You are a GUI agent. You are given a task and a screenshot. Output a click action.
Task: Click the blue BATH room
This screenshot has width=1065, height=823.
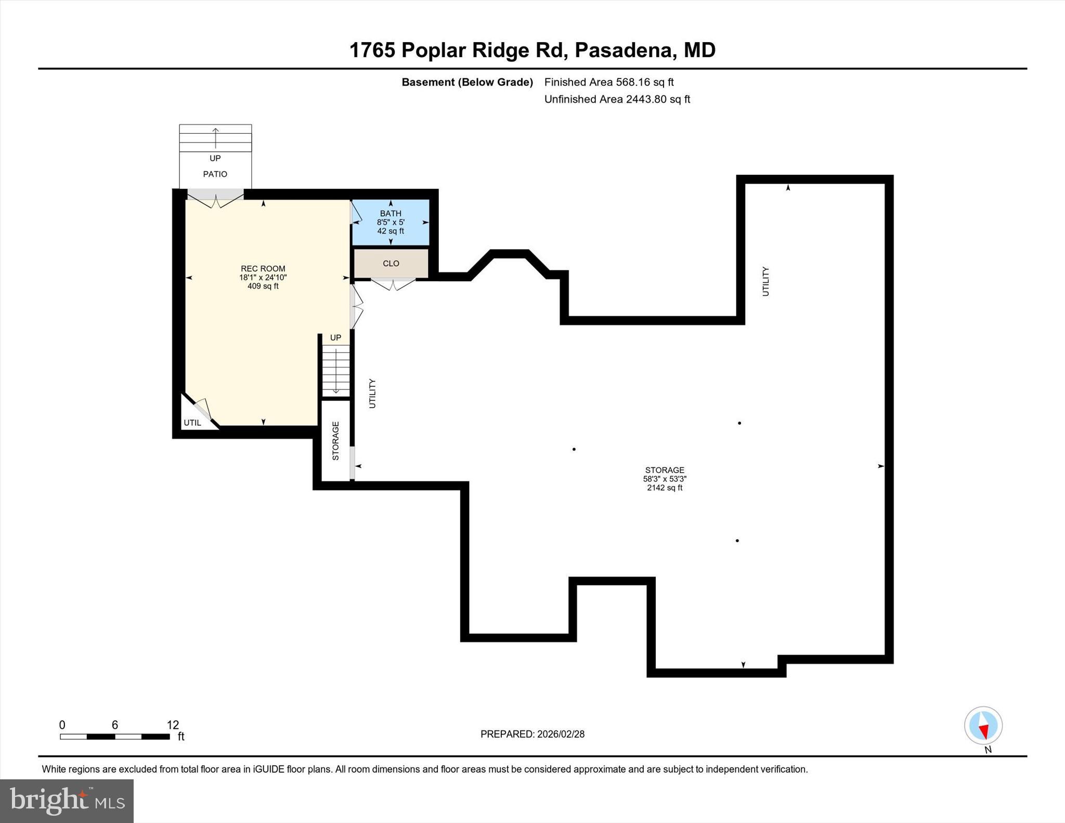(x=391, y=222)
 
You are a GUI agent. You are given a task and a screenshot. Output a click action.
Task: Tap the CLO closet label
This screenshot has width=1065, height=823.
(x=391, y=264)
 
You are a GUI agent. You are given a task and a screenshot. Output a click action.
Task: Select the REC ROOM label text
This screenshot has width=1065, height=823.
(x=263, y=269)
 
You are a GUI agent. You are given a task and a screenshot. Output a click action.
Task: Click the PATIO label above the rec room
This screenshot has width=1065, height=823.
(x=215, y=174)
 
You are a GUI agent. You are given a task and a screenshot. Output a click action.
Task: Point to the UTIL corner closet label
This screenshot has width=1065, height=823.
(x=192, y=423)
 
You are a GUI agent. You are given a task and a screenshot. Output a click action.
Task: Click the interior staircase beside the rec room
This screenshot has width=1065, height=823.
(x=336, y=370)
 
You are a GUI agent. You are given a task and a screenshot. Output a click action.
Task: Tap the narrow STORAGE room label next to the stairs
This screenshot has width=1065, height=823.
(x=335, y=441)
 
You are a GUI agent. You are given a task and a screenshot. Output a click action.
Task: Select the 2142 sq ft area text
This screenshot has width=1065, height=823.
(x=665, y=488)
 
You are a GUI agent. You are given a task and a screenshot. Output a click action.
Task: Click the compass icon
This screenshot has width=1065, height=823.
(x=983, y=725)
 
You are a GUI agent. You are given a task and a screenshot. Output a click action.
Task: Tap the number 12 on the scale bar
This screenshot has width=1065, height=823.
(x=173, y=725)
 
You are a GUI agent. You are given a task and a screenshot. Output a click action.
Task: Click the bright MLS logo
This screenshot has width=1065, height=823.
(x=67, y=801)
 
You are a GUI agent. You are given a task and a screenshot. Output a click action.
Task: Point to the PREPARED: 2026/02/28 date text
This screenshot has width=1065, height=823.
(x=532, y=734)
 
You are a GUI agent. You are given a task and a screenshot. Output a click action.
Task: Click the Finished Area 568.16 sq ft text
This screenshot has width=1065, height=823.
(x=608, y=82)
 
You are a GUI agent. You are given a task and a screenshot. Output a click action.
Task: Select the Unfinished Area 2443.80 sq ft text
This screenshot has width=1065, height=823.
(x=617, y=99)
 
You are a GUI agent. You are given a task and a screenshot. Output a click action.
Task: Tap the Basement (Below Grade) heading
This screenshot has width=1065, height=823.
(x=467, y=82)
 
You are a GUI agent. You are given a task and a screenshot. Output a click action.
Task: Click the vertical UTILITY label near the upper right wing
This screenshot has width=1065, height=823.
(x=765, y=281)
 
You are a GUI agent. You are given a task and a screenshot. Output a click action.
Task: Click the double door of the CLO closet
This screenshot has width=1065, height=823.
(x=393, y=284)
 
